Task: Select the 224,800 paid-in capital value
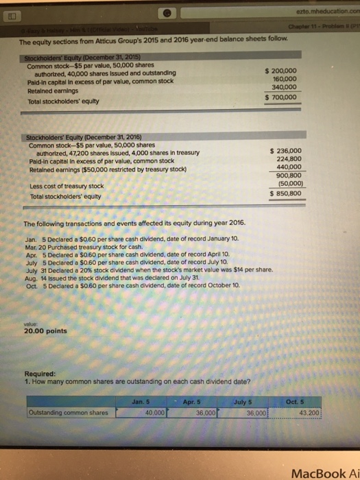(x=286, y=159)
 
